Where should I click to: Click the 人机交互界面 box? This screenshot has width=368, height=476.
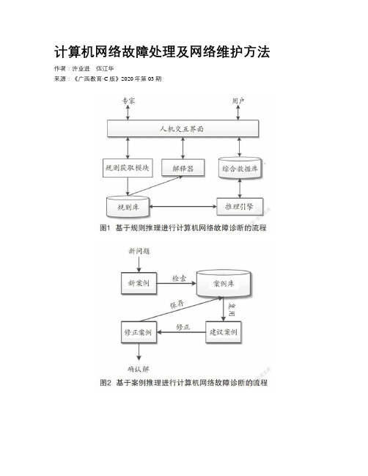tap(183, 128)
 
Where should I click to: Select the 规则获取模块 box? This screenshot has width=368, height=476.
tap(128, 168)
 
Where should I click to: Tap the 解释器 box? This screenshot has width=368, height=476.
tap(183, 168)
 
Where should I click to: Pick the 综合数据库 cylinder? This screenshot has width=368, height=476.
tap(240, 168)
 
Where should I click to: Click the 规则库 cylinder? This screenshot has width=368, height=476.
tap(128, 207)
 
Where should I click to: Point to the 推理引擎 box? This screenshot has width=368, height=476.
tap(240, 207)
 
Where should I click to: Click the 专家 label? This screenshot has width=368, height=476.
tap(128, 100)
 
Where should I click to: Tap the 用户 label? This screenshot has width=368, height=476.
tap(238, 100)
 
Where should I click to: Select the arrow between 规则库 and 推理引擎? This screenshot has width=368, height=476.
tap(183, 207)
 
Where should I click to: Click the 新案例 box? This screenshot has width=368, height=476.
tap(139, 283)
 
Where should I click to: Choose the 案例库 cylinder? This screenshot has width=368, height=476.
tap(224, 284)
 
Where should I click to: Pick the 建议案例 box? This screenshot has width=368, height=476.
tap(224, 332)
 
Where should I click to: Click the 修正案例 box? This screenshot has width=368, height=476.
tap(139, 332)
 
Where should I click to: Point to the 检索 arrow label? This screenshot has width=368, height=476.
tap(180, 278)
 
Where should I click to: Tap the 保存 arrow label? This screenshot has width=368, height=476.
tap(177, 304)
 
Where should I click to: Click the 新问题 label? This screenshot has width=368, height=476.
tap(139, 251)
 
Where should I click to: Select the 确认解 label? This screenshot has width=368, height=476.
tap(139, 369)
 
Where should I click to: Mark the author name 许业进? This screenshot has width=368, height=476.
tap(81, 69)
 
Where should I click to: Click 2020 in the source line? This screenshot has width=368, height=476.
tap(127, 79)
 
